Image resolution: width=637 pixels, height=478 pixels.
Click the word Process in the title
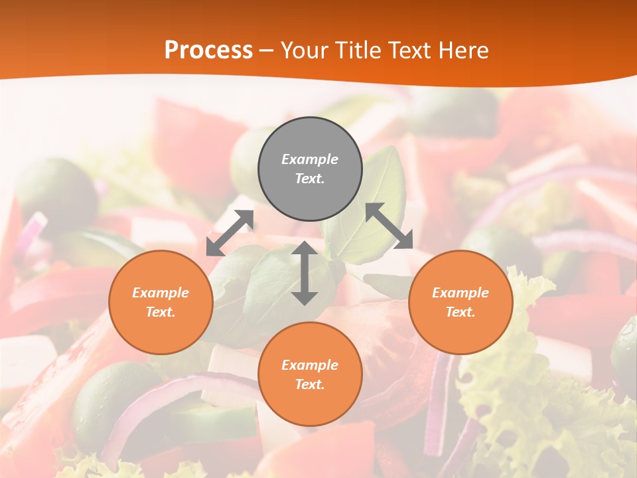click(208, 50)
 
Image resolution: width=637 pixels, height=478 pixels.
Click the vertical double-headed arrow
click(305, 273)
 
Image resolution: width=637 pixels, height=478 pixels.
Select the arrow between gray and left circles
click(230, 232)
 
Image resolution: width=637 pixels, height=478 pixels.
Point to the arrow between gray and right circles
click(389, 226)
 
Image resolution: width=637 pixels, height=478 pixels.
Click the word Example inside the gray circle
click(310, 159)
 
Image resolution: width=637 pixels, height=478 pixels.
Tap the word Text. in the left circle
click(161, 312)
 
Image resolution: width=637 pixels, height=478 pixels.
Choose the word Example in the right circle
click(460, 293)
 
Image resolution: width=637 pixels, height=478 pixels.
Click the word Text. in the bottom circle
click(310, 384)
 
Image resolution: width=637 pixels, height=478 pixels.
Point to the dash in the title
click(267, 50)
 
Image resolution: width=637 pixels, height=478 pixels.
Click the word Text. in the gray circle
click(310, 179)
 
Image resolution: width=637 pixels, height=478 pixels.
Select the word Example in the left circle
click(161, 293)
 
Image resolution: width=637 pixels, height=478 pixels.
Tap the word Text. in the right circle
click(460, 312)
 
